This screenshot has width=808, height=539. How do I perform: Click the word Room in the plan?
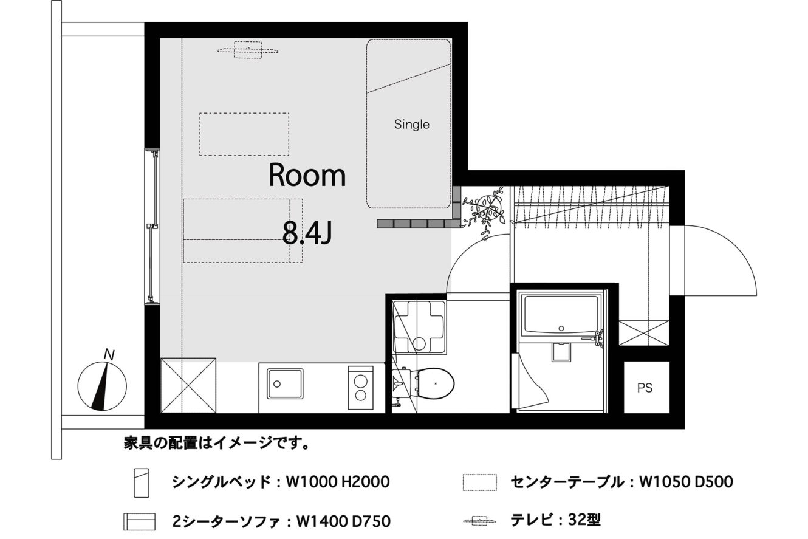coord(307,176)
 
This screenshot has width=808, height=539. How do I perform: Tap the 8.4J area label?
coord(307,233)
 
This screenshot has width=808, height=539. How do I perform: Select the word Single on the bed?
coord(411,125)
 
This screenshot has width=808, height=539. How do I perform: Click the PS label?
coord(645,388)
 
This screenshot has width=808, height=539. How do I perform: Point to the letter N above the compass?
coord(109,355)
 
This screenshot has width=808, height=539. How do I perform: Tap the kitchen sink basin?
coord(284,383)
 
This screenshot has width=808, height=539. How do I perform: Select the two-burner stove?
coord(360,388)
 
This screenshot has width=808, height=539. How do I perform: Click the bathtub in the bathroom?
coord(561,315)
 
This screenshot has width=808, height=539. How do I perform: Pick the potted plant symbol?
coord(484,212)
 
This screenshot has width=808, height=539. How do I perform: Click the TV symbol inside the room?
coord(248,50)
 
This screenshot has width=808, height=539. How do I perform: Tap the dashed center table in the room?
coord(244,134)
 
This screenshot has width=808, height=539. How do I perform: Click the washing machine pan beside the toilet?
coord(420,327)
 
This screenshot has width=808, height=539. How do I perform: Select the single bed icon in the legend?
coord(142,482)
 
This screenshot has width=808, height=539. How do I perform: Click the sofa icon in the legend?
coord(139,522)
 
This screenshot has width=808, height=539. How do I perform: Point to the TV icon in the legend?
coord(479,521)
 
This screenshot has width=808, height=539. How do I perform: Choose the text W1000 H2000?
coord(338,482)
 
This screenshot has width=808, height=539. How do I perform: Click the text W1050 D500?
coord(686,482)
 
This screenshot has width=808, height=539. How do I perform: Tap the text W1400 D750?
coord(343,522)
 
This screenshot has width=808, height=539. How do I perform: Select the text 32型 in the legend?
coord(584,520)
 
